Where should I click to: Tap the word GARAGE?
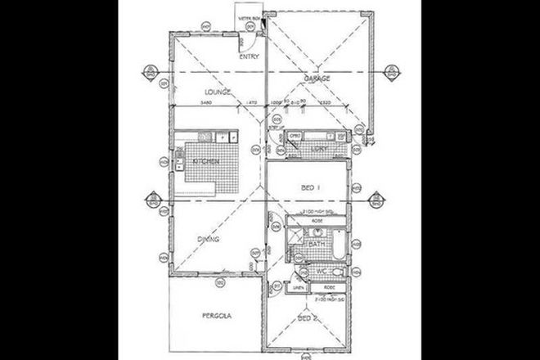[317, 79]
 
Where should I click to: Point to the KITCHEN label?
[205, 164]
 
